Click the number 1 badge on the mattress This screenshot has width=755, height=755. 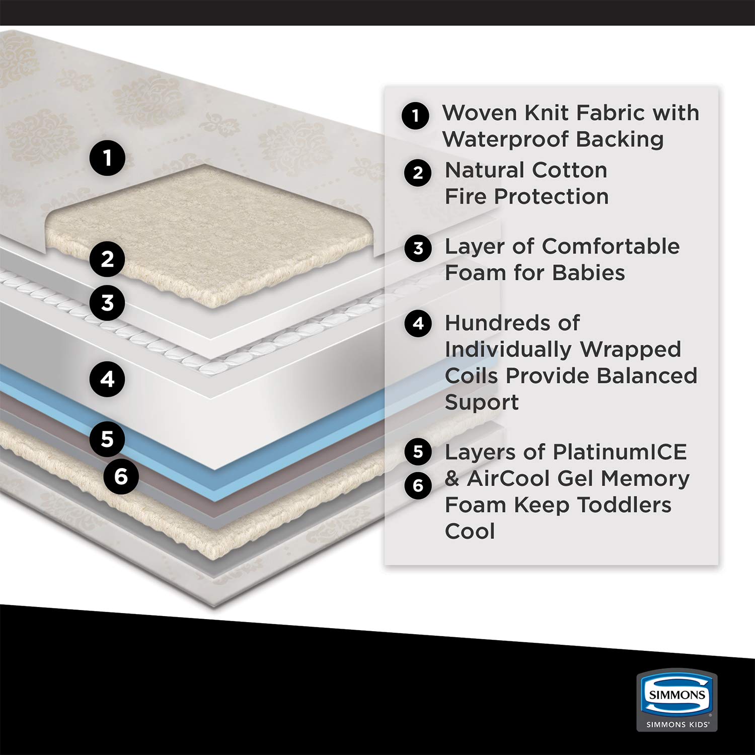[107, 158]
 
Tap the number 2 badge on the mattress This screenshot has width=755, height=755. [107, 259]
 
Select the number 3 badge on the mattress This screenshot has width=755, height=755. [107, 303]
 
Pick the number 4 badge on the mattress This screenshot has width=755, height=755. [107, 379]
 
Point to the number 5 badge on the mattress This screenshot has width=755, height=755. [107, 439]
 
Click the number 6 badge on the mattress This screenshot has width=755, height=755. [121, 476]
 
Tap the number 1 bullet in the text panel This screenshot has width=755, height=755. [415, 116]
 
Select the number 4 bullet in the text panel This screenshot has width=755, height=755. [418, 323]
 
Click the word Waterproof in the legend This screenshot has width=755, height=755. [506, 139]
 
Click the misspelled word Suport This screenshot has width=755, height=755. [482, 402]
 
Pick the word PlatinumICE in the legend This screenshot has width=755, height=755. [620, 452]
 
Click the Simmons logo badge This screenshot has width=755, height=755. [677, 695]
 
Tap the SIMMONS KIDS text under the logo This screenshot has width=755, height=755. [677, 724]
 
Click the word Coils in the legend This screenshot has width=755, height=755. [472, 376]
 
